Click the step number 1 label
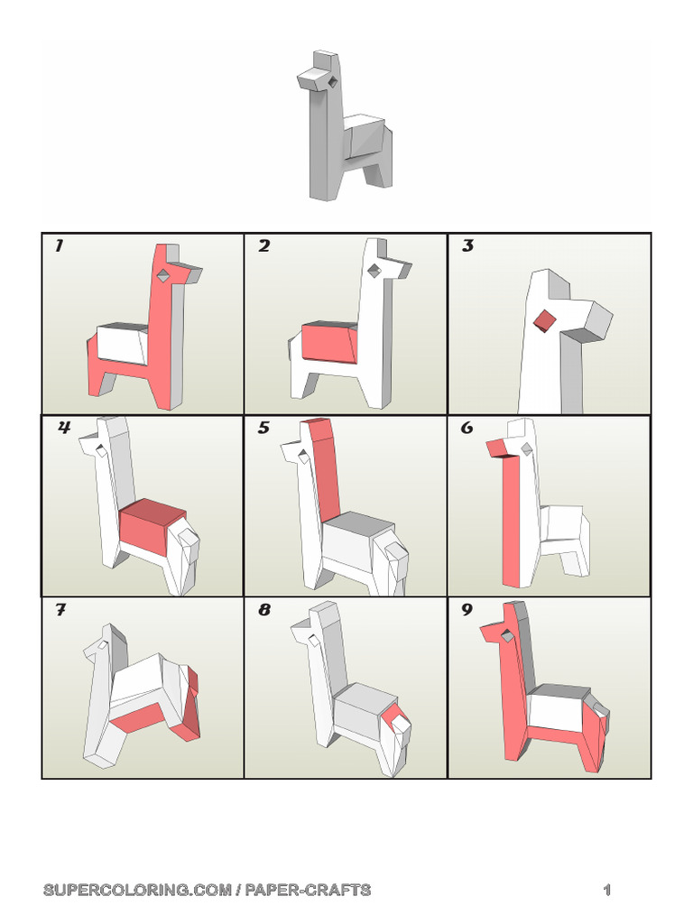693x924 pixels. (x=59, y=246)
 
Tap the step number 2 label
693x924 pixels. (x=263, y=246)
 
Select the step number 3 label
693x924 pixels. (x=467, y=246)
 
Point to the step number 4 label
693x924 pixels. (x=64, y=428)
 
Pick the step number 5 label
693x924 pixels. (x=263, y=428)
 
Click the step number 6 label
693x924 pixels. (x=467, y=428)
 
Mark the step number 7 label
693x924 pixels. (x=60, y=610)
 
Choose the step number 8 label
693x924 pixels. (x=263, y=610)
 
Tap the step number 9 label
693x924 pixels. (x=467, y=610)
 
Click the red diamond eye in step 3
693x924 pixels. (x=544, y=321)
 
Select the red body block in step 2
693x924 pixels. (x=330, y=344)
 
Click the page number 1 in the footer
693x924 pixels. (x=607, y=891)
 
